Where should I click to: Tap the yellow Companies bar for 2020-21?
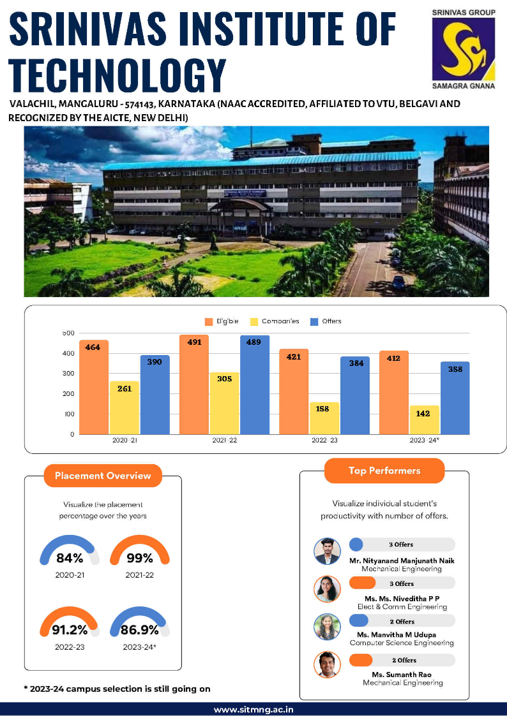coord(125,407)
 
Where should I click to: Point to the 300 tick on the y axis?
coord(68,374)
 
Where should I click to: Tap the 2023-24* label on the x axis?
coord(424,441)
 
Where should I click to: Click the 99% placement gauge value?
coord(139,559)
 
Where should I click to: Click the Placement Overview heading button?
coord(103,476)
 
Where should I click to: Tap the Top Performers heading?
coord(384,471)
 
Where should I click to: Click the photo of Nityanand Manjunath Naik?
coord(328,551)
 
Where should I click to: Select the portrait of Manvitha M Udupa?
coord(328,627)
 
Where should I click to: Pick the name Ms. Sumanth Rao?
coord(402,675)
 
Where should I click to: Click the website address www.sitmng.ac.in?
coord(253,709)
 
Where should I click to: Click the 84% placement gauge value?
coord(70,559)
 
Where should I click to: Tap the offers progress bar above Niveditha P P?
coord(402,583)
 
